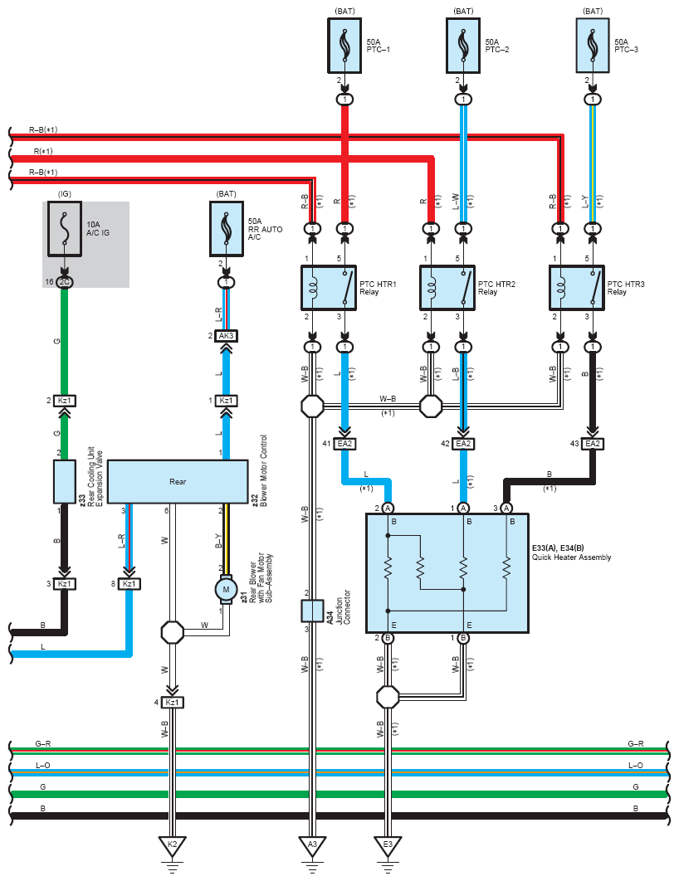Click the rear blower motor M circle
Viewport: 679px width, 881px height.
pyautogui.click(x=225, y=589)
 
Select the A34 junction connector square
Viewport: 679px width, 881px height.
pyautogui.click(x=312, y=611)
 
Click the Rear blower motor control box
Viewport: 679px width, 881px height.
pyautogui.click(x=178, y=481)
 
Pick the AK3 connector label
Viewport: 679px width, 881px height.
pyautogui.click(x=226, y=336)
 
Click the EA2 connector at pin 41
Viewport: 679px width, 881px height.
pyautogui.click(x=344, y=444)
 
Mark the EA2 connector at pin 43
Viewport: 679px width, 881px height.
pyautogui.click(x=592, y=444)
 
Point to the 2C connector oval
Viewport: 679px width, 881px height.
pyautogui.click(x=66, y=282)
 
